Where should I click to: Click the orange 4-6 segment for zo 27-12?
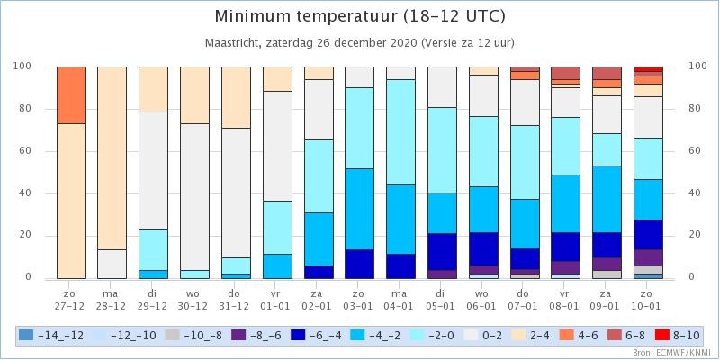pos(71,95)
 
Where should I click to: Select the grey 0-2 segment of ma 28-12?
pos(112,264)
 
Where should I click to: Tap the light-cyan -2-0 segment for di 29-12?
pos(153,250)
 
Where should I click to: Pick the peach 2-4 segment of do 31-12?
pos(236,97)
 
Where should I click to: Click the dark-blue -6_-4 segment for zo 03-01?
pos(359,264)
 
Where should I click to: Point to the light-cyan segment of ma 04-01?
pos(400,132)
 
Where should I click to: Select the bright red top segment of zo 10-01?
pos(648,69)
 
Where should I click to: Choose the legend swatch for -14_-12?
pos(25,336)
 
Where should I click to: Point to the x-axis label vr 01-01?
pos(277,299)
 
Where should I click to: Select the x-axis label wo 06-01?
pos(483,299)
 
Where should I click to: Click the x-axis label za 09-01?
pos(607,299)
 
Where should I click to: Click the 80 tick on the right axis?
pos(695,109)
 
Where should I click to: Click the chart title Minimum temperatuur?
pos(305,16)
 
